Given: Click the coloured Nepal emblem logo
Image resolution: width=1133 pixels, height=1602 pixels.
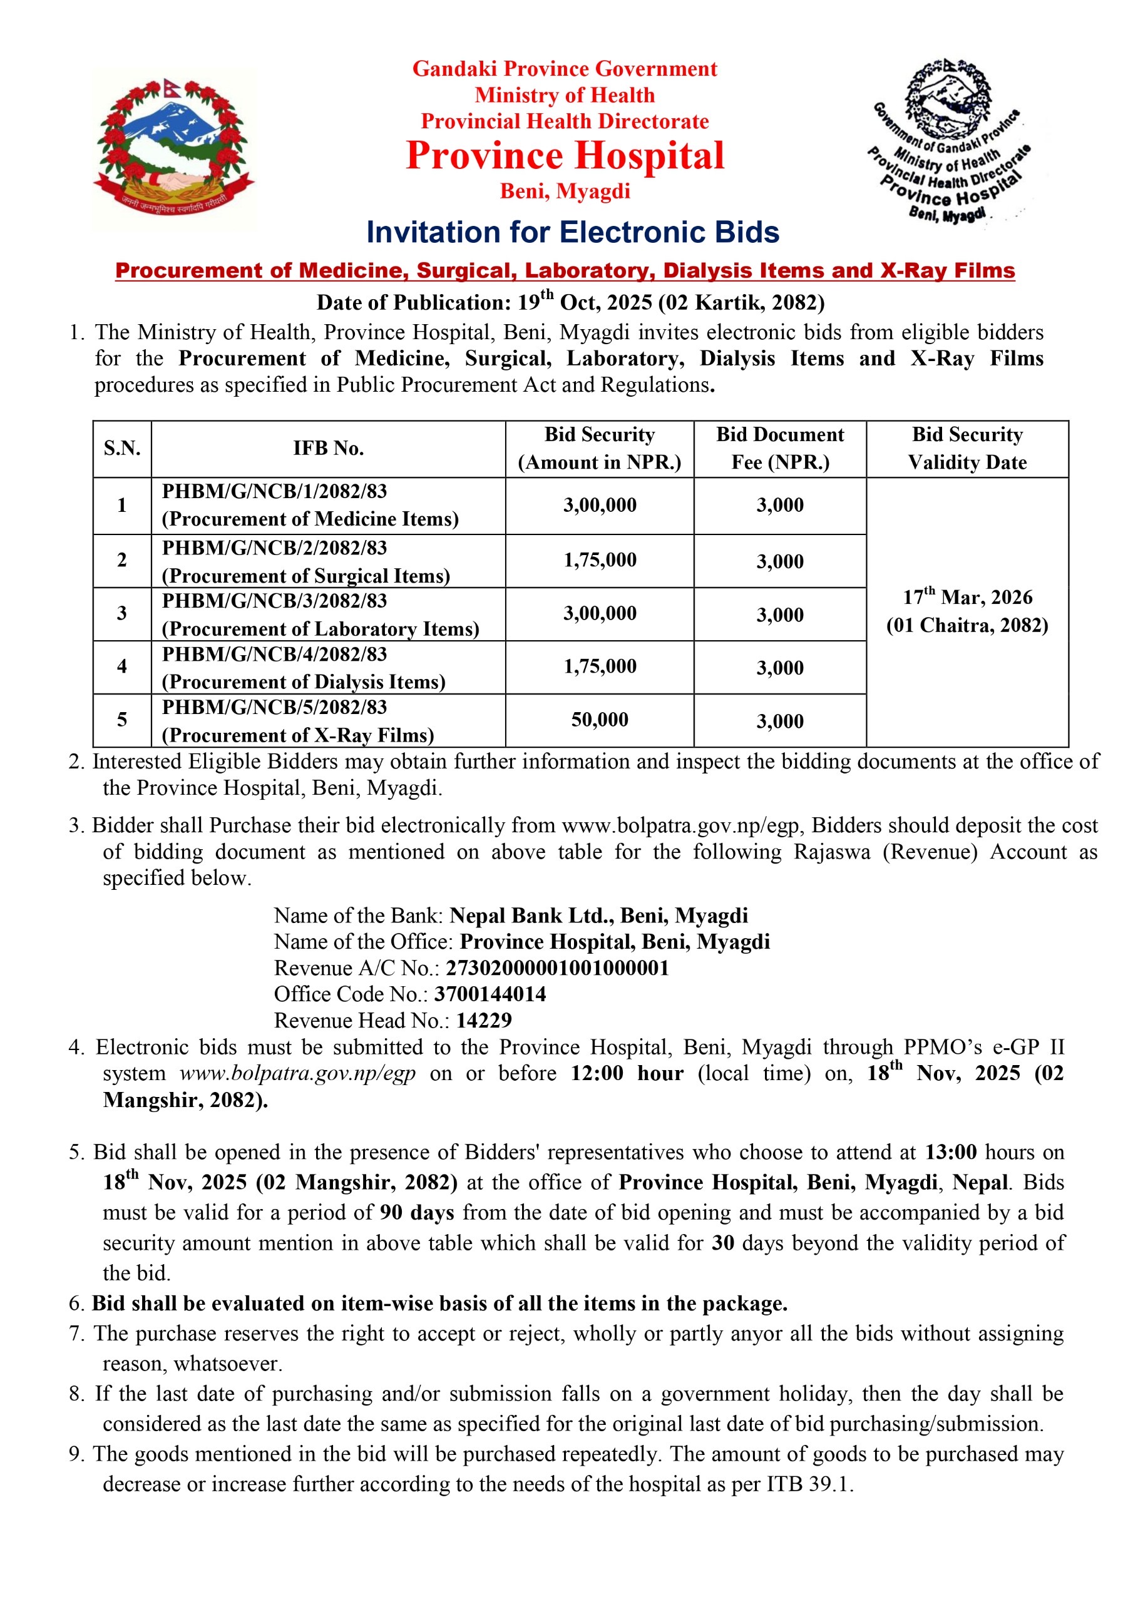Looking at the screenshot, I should [x=174, y=148].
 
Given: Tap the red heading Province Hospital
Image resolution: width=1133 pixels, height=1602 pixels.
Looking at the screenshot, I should [x=565, y=156].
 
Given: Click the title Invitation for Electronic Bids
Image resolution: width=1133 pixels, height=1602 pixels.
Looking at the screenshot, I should [x=572, y=232].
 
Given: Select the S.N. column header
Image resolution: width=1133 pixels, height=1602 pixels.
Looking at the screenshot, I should [x=122, y=449].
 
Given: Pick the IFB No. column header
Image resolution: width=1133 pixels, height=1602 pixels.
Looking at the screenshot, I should [x=328, y=449].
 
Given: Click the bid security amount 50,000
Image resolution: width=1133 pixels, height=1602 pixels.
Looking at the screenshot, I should [x=600, y=720].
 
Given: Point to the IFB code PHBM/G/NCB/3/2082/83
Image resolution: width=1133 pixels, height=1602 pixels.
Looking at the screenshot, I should [x=274, y=601].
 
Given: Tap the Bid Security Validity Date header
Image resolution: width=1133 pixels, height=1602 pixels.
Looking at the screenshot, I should [x=967, y=449].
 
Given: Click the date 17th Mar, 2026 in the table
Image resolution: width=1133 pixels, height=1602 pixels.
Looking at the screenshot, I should [x=967, y=597].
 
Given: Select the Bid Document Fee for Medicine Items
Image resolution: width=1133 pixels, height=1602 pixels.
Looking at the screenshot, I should [x=780, y=505].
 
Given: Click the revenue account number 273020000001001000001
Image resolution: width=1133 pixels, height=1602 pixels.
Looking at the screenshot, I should [x=557, y=969].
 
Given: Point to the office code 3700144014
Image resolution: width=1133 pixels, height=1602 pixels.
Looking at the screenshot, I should [x=490, y=994].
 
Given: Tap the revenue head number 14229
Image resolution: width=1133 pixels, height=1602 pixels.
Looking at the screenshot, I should [x=484, y=1021].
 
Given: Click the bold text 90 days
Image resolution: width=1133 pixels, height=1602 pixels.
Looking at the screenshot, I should [x=417, y=1212].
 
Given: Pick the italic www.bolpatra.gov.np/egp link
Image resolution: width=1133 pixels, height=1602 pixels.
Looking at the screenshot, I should [x=297, y=1073].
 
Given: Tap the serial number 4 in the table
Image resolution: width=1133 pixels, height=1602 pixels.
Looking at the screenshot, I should [x=122, y=666].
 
